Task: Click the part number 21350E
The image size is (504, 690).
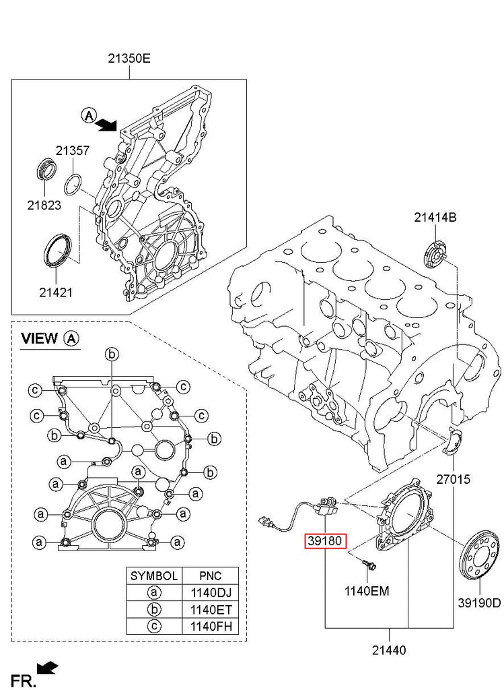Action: coord(129,59)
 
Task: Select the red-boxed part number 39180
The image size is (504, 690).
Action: coord(326,541)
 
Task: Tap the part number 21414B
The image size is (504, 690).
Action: coord(435,217)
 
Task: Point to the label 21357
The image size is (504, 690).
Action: coord(72,151)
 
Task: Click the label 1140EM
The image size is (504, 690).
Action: coord(367,591)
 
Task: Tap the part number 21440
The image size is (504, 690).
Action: coord(389,650)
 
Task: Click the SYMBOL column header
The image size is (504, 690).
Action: coord(154,576)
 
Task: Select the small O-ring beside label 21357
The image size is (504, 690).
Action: coord(74,183)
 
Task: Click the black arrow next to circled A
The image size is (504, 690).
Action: coord(106,123)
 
